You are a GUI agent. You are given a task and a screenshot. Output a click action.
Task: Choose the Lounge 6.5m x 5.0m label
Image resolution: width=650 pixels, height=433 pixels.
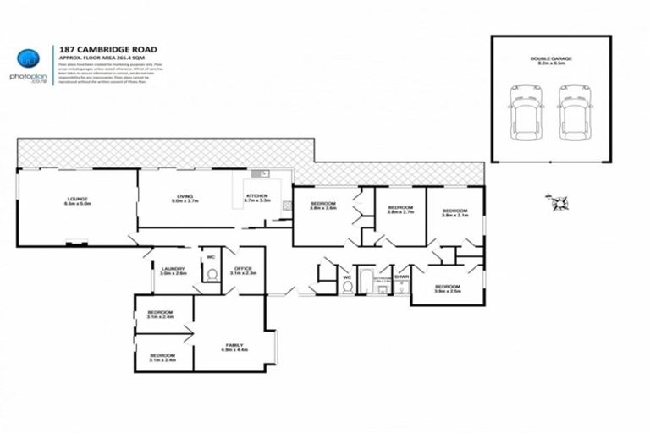(76, 201)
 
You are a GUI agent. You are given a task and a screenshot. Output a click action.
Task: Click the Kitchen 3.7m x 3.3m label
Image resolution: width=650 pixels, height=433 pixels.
(257, 199)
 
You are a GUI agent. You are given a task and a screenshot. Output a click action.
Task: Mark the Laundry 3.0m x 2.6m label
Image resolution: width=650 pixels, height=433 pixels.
(173, 271)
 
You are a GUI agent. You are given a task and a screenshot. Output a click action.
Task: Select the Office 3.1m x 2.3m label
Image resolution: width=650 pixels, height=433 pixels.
(243, 271)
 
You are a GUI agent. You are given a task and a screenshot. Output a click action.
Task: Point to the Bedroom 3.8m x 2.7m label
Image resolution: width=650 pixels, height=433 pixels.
(399, 211)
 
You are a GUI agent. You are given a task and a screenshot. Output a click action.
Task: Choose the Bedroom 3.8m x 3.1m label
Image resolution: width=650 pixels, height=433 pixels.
(454, 213)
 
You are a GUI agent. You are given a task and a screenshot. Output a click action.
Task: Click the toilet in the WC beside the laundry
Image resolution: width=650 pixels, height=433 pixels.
(212, 274)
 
